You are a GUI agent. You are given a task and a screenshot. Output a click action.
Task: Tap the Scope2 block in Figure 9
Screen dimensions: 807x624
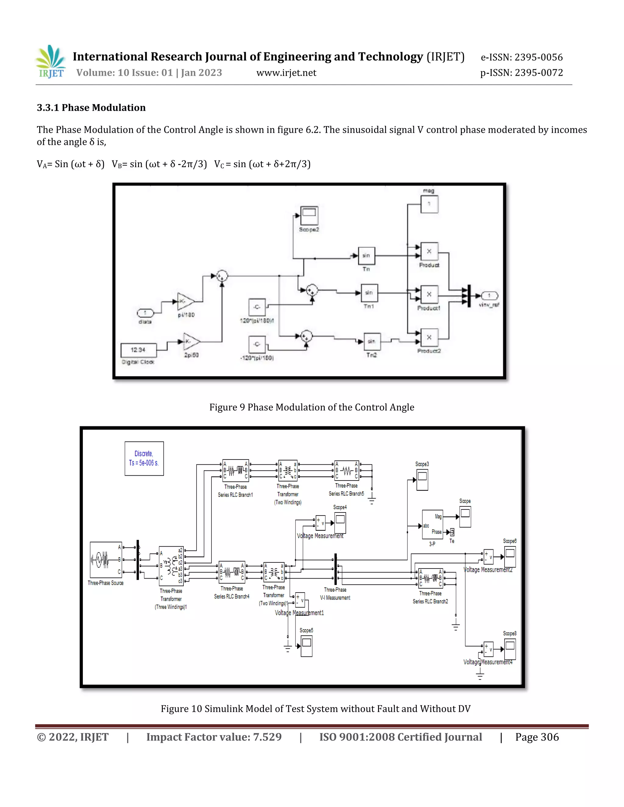pos(309,216)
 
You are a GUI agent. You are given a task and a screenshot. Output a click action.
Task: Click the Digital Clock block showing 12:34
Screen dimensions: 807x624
pos(138,350)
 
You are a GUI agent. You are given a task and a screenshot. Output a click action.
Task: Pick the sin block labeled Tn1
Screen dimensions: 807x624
pos(369,293)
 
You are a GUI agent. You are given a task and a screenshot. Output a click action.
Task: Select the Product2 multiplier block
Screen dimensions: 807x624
pos(429,337)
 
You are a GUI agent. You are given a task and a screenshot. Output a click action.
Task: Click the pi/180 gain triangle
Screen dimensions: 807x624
pos(185,301)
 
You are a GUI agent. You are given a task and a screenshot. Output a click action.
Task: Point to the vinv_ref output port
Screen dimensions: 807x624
pos(489,296)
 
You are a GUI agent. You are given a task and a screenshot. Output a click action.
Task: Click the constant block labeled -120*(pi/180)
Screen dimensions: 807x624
pos(257,344)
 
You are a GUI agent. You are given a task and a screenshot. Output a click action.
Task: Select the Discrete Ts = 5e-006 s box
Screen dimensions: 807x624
pos(144,458)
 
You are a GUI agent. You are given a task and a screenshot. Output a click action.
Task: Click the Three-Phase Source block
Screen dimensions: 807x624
pos(106,560)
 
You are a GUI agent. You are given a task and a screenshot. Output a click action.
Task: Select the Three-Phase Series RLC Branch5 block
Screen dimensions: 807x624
pos(346,471)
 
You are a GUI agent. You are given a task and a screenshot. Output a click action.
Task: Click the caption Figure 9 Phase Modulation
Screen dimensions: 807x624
pos(311,407)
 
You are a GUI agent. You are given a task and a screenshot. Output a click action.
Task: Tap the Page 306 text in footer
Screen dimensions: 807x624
pos(537,737)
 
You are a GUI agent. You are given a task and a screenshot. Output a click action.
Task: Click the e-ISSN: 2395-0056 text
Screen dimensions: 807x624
pos(521,57)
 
